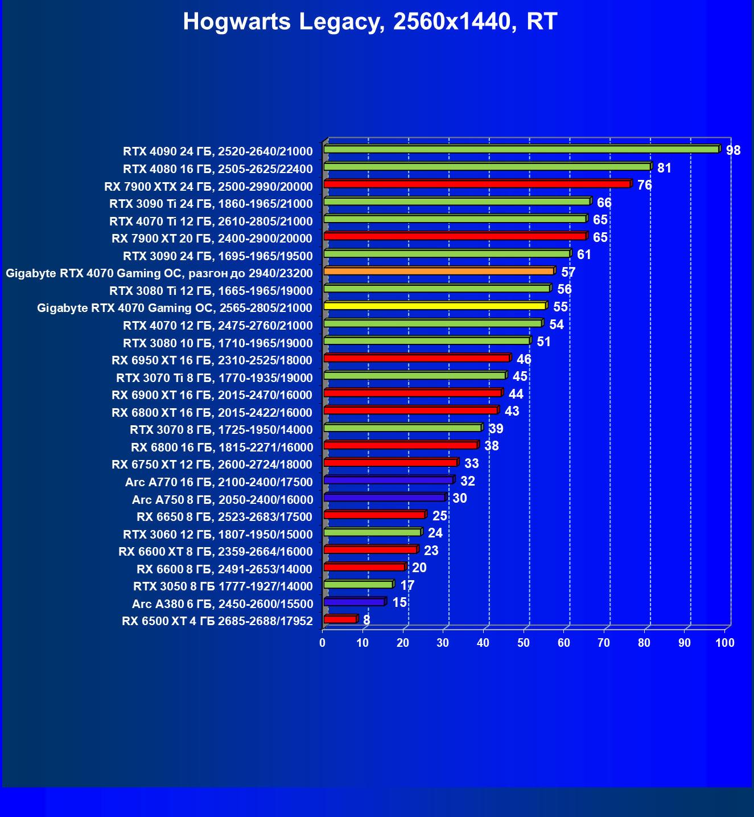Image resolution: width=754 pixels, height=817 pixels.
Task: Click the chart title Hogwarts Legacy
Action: point(370,22)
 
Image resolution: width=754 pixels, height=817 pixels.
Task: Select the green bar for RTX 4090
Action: point(521,149)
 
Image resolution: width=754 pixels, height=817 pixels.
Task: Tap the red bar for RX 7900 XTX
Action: point(477,184)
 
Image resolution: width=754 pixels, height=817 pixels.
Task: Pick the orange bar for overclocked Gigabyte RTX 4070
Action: point(439,271)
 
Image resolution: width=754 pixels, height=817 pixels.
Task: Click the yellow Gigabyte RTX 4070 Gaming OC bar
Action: point(435,306)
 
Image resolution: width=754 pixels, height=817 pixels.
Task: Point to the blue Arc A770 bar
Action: point(388,480)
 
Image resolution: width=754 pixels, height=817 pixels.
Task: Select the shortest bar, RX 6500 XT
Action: point(340,619)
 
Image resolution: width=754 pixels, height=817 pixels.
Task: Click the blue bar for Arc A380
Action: point(354,602)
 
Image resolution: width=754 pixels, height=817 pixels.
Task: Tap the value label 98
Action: point(733,150)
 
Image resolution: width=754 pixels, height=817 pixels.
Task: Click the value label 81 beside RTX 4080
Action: point(664,168)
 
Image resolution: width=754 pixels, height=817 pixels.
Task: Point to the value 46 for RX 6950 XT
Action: point(524,359)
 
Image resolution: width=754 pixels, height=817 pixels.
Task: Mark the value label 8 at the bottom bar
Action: point(366,619)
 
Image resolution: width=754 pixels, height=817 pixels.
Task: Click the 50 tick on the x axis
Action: point(524,643)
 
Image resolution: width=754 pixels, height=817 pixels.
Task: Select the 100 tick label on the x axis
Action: point(724,643)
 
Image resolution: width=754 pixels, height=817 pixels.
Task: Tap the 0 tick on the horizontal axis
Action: point(323,643)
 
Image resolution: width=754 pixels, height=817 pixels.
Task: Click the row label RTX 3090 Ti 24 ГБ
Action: point(211,204)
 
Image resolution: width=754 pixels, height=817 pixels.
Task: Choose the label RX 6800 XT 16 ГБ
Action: point(212,413)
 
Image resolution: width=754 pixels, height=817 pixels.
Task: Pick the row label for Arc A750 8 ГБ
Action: point(222,500)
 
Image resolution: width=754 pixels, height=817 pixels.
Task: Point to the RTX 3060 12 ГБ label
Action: point(217,535)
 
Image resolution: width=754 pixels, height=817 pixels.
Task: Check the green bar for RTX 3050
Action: point(358,584)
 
